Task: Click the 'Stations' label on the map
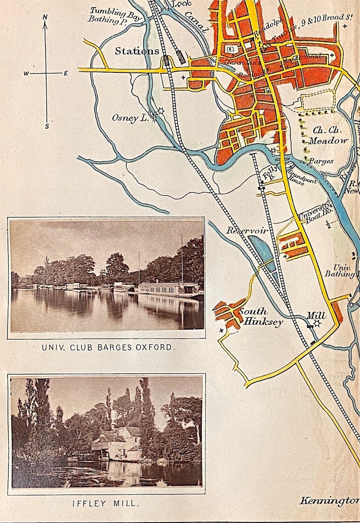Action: point(136,51)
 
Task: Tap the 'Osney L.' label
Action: point(131,118)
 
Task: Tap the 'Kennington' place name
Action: point(329,501)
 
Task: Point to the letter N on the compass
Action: point(45,17)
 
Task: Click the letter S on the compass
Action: point(47,126)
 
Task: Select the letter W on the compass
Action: point(26,73)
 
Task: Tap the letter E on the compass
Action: point(66,73)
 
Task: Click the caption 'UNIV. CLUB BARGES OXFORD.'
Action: point(107,348)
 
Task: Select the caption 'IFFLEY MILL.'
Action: point(106,503)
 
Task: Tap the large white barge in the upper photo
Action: point(168,289)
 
